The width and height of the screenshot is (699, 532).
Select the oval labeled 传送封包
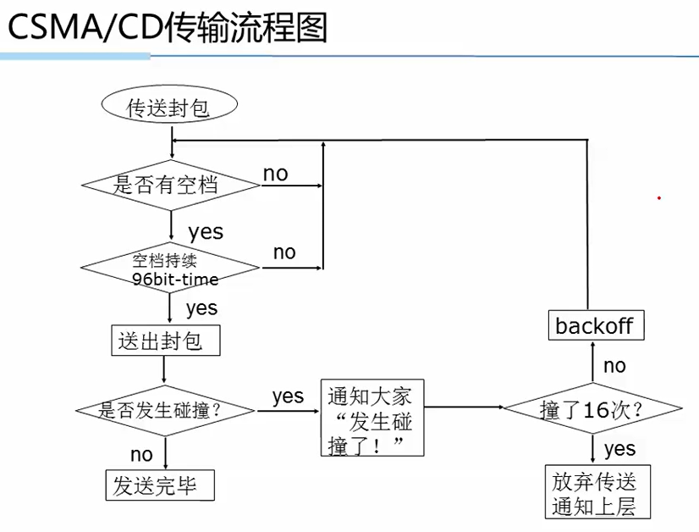(x=168, y=108)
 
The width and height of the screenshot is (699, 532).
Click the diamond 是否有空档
(x=171, y=184)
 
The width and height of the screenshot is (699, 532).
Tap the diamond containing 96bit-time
(x=171, y=269)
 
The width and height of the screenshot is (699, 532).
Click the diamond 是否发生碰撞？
(x=165, y=411)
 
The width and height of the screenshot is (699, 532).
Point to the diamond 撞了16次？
(x=592, y=410)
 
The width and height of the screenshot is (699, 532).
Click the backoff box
(x=594, y=325)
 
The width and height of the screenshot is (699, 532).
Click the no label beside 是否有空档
(x=276, y=174)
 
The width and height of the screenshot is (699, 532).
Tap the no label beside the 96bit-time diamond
(x=284, y=252)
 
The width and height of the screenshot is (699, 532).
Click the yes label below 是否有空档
(x=206, y=231)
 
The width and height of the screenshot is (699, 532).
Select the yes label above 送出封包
(x=201, y=308)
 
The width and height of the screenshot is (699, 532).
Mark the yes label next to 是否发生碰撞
(x=288, y=396)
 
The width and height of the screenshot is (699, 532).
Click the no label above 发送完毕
(x=141, y=456)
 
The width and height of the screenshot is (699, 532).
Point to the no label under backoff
(x=614, y=365)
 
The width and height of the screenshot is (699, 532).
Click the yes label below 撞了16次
(x=620, y=448)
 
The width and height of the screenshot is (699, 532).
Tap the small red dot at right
(x=658, y=198)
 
